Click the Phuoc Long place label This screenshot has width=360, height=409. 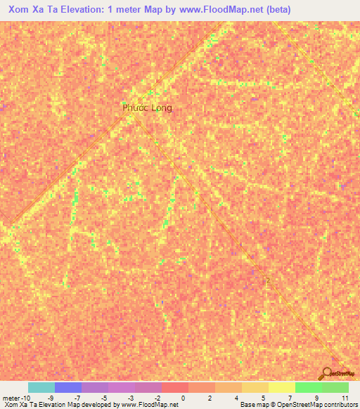point(147,108)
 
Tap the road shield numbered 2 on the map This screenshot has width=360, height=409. point(267,280)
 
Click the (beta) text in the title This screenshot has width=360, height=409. point(274,11)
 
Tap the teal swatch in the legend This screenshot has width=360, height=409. point(41,387)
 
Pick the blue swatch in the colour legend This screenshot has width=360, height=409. point(67,387)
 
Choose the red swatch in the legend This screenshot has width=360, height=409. point(174,387)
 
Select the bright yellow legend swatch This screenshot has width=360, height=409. point(281,387)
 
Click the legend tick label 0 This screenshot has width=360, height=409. point(183,397)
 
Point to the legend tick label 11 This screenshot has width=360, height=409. point(345,397)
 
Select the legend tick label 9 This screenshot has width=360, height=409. point(316,397)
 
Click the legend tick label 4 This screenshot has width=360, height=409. point(236,397)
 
